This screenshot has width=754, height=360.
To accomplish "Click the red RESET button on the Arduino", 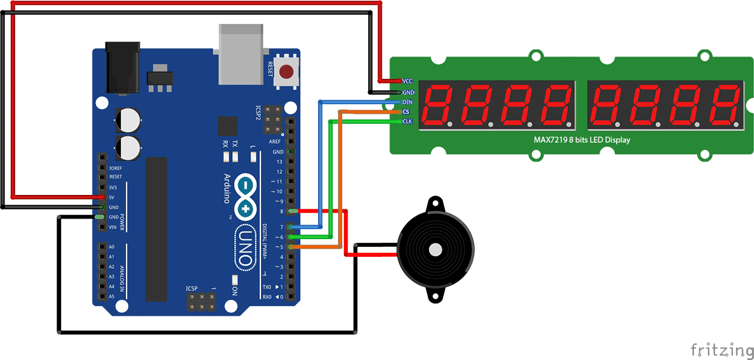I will click(x=287, y=72).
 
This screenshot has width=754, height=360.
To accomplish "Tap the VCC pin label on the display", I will click(x=407, y=81).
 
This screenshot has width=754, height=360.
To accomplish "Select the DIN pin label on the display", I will click(x=407, y=102).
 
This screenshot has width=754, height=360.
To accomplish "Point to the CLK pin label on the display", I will click(x=407, y=121).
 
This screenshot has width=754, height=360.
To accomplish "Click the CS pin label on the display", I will click(x=406, y=111).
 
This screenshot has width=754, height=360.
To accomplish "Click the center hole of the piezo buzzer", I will click(x=435, y=249).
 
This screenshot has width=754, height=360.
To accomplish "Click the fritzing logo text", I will click(x=720, y=349).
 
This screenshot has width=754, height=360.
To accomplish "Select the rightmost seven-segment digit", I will click(x=723, y=105).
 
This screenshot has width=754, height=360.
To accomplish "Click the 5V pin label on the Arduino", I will click(x=113, y=197).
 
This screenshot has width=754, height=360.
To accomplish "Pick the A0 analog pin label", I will click(x=111, y=247).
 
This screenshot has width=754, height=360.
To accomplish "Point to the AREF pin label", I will click(x=275, y=142).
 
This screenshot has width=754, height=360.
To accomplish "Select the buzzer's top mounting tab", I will click(x=435, y=204).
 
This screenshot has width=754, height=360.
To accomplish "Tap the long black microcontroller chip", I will click(x=156, y=229).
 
